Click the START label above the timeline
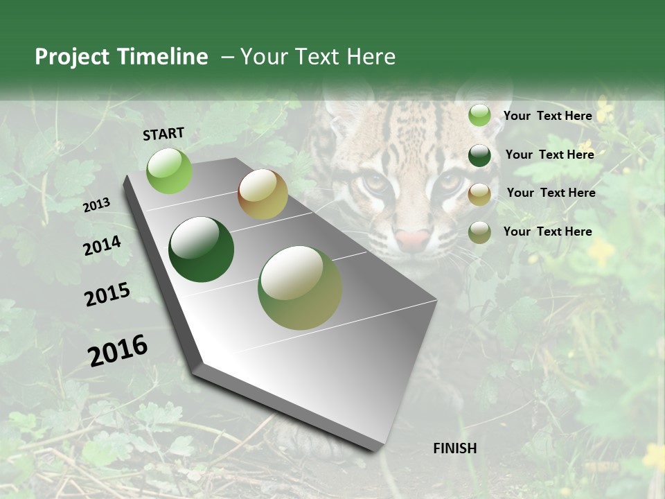[163, 134]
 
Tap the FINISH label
[454, 448]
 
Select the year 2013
[96, 204]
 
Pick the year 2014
[102, 246]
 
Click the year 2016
[118, 350]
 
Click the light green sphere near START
[169, 170]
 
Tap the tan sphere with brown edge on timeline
[263, 194]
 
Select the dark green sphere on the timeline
[201, 249]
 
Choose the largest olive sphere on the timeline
[300, 288]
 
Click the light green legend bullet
[479, 116]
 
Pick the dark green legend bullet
[479, 155]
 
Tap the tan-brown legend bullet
[479, 194]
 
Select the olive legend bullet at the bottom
[479, 232]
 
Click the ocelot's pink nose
[413, 239]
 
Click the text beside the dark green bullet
[549, 155]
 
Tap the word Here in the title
[371, 57]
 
